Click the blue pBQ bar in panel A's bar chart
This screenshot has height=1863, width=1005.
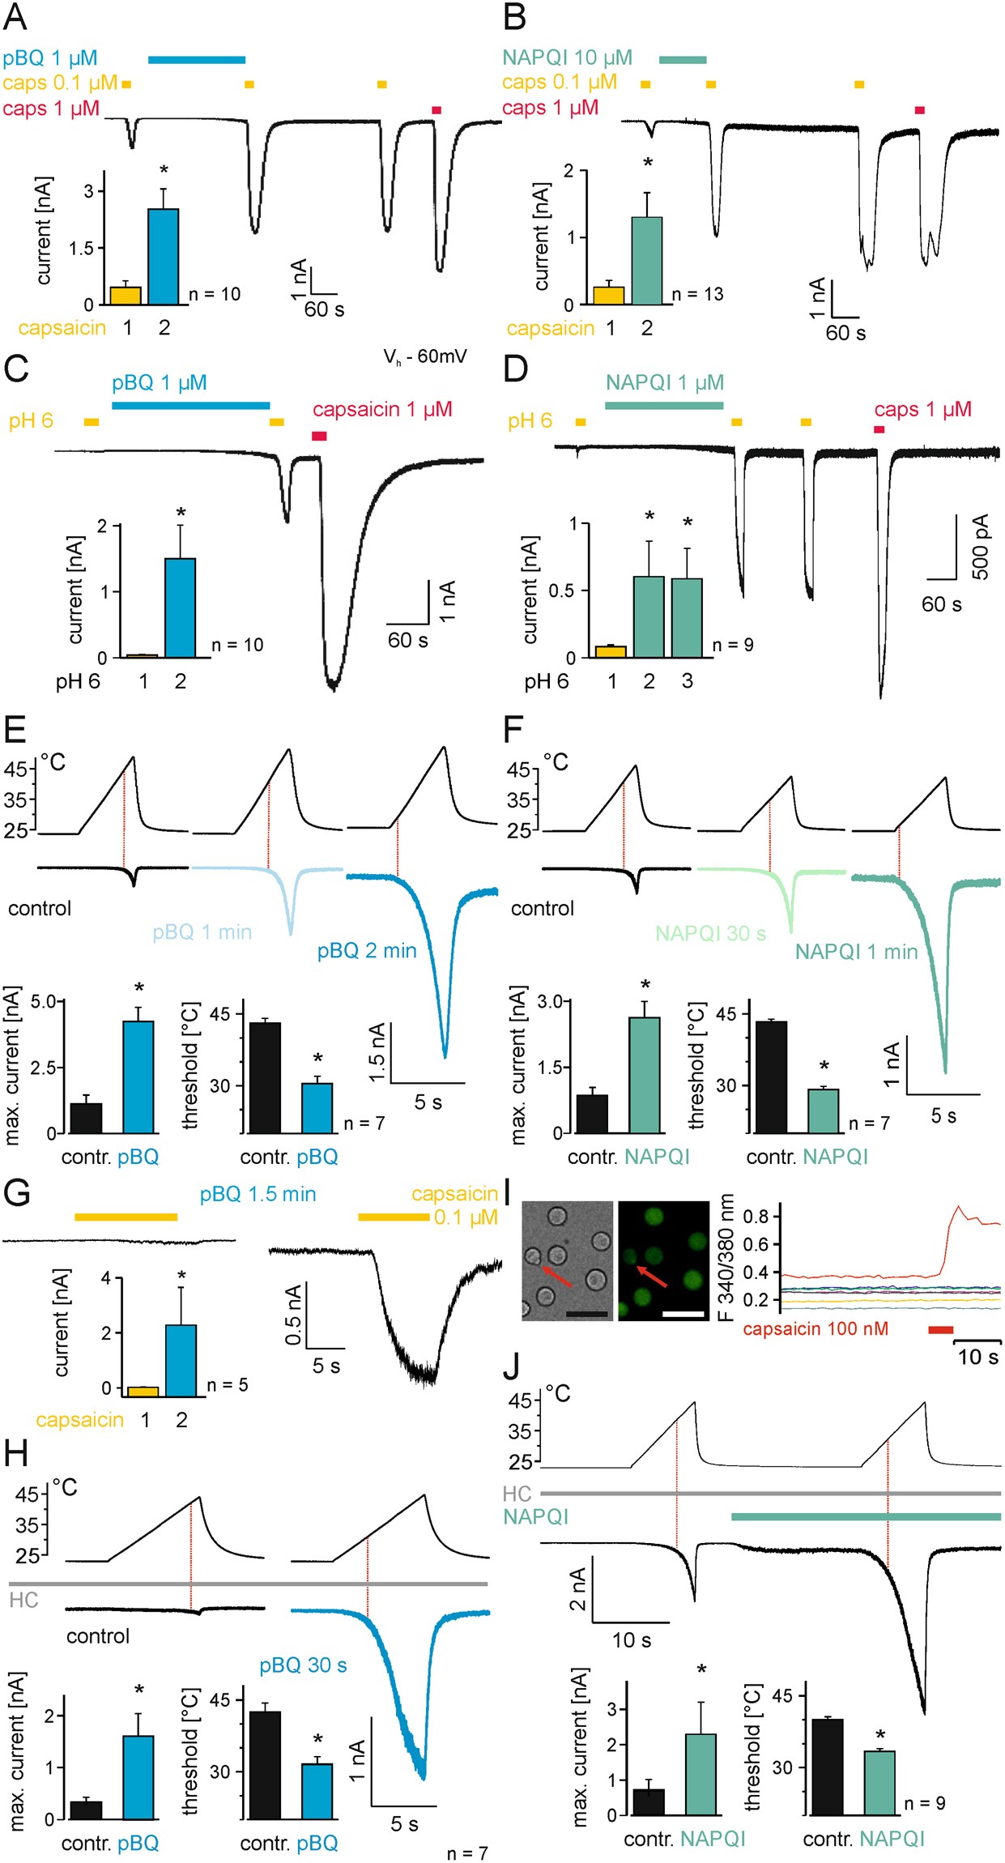163,256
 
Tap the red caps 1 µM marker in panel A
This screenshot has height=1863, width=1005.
436,110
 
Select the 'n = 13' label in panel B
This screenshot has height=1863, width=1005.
697,294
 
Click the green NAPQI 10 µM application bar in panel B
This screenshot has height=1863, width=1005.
683,59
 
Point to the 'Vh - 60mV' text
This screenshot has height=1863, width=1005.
425,357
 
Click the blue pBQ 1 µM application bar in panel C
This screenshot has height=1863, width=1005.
190,405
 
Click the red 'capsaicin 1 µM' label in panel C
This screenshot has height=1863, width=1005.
382,409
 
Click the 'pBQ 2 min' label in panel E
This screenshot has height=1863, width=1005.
367,950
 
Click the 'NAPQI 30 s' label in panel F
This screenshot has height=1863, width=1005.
710,933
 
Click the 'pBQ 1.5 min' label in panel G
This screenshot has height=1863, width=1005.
258,1194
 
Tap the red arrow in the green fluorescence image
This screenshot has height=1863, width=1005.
653,1277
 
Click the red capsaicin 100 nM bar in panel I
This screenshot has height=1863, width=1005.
940,1329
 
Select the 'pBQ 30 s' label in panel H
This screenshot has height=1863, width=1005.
303,1665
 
